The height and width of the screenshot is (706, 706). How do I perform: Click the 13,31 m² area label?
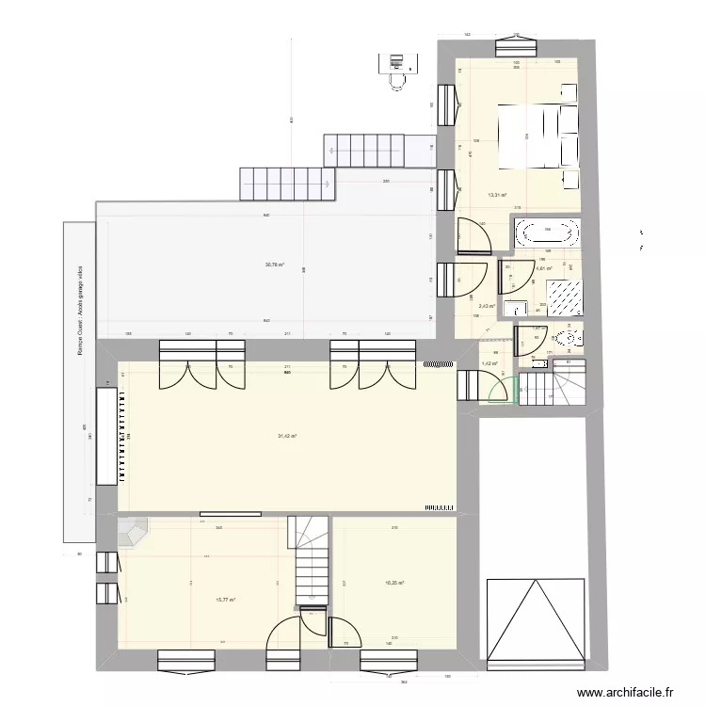[496, 196]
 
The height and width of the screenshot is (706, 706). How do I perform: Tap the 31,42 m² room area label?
[287, 436]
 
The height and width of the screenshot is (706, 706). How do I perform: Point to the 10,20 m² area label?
[394, 583]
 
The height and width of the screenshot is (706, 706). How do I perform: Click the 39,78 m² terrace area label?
[276, 265]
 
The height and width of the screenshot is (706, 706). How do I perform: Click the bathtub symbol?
[547, 233]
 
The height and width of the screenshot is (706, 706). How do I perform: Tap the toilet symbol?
[568, 338]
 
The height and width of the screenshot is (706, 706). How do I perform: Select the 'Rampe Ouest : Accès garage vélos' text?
[82, 311]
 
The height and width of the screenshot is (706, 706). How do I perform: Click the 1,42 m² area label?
[489, 363]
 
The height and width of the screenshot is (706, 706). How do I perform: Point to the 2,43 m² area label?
[487, 306]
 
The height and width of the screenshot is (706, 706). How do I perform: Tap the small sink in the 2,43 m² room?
[514, 307]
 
